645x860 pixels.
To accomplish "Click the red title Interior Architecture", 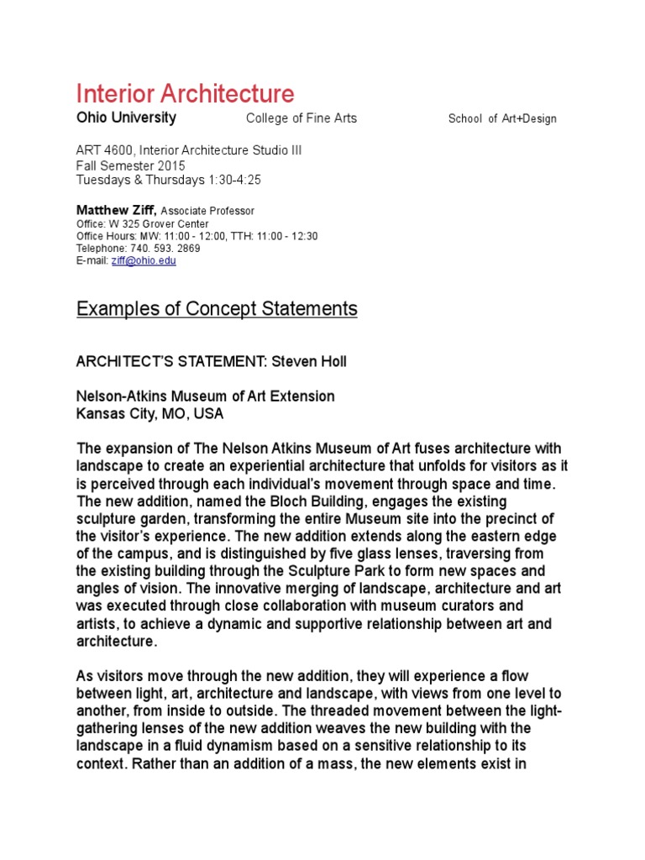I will (185, 93).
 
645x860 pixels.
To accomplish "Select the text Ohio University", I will (126, 118).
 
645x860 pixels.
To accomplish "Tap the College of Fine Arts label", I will (301, 118).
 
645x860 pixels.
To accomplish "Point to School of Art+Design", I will (502, 118).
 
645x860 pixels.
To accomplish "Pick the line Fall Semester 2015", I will (130, 165).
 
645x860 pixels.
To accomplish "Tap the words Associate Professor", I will (207, 212).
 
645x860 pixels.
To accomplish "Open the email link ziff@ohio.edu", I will (144, 261).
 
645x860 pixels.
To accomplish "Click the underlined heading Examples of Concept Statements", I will (217, 309).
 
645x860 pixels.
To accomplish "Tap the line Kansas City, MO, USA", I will (150, 414).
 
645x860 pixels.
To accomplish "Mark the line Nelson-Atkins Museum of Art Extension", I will (205, 396).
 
